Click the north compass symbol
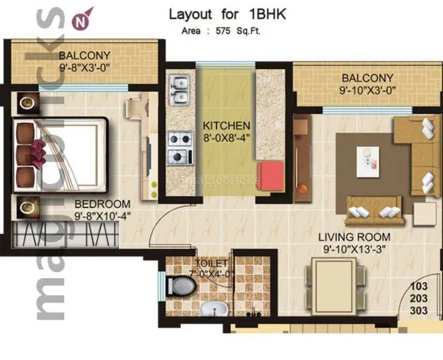82,20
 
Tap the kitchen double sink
179,90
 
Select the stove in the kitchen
181,148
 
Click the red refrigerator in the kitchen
270,176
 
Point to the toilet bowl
181,286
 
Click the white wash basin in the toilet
214,309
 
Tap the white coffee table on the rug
367,162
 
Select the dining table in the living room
334,286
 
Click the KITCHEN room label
226,126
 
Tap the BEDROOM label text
103,204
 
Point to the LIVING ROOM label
354,237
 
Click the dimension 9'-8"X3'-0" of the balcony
84,67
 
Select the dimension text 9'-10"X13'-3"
354,250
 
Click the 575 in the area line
223,31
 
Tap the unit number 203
419,299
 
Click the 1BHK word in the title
268,15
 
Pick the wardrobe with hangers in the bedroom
65,234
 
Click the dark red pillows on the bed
39,155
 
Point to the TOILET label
211,263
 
